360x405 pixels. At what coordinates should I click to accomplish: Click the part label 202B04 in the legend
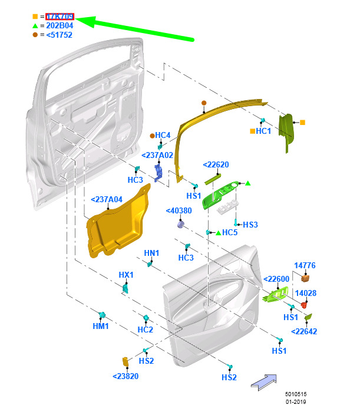(x=60, y=25)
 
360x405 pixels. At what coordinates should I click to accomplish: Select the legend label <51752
(x=59, y=35)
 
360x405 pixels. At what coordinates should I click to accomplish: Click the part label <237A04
(x=107, y=199)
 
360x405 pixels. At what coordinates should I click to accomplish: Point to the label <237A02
(x=157, y=155)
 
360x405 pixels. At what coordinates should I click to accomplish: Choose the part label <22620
(x=215, y=164)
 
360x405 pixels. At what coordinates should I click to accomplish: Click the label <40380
(x=179, y=210)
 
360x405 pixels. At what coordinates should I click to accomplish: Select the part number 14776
(x=305, y=266)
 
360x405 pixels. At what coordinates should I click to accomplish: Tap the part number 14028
(x=305, y=293)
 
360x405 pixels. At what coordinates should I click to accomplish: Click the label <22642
(x=304, y=331)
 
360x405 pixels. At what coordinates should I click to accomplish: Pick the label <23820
(x=125, y=376)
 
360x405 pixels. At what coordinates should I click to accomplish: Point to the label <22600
(x=275, y=279)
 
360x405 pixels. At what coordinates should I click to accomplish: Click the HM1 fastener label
(x=101, y=326)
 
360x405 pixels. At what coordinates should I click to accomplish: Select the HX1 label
(x=126, y=275)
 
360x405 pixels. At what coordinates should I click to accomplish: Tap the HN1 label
(x=151, y=253)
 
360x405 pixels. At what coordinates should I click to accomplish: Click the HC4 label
(x=163, y=135)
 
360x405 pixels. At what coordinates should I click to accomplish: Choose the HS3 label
(x=250, y=225)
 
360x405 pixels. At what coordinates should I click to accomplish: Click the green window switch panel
(x=220, y=196)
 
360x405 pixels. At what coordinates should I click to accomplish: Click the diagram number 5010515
(x=297, y=394)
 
